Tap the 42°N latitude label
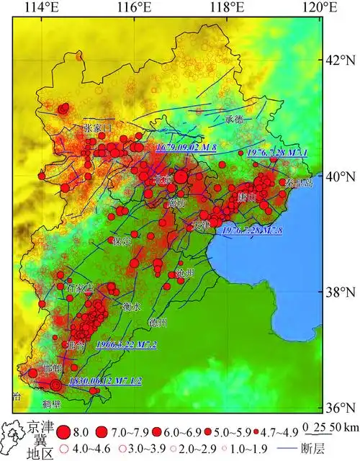(x=342, y=59)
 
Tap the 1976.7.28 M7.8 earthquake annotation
(x=252, y=230)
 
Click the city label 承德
(x=235, y=119)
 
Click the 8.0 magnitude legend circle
(x=64, y=432)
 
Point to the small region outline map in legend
(x=14, y=440)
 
